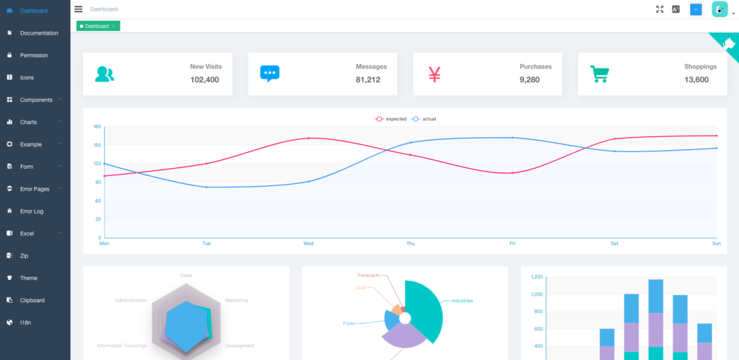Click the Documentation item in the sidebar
(x=39, y=33)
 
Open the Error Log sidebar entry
(x=32, y=211)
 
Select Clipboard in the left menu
(x=32, y=300)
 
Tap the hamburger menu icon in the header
(x=79, y=9)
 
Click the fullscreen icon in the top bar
(x=659, y=9)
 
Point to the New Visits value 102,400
(x=204, y=79)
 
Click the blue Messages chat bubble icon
(x=269, y=74)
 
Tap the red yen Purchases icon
(x=434, y=74)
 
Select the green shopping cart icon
(x=599, y=74)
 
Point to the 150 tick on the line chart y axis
(x=97, y=145)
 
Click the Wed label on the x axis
(x=308, y=244)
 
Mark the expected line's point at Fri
(x=512, y=173)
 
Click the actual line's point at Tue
(x=206, y=187)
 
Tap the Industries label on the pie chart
(x=462, y=301)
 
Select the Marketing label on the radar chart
(x=236, y=300)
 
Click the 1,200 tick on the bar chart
(x=536, y=277)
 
